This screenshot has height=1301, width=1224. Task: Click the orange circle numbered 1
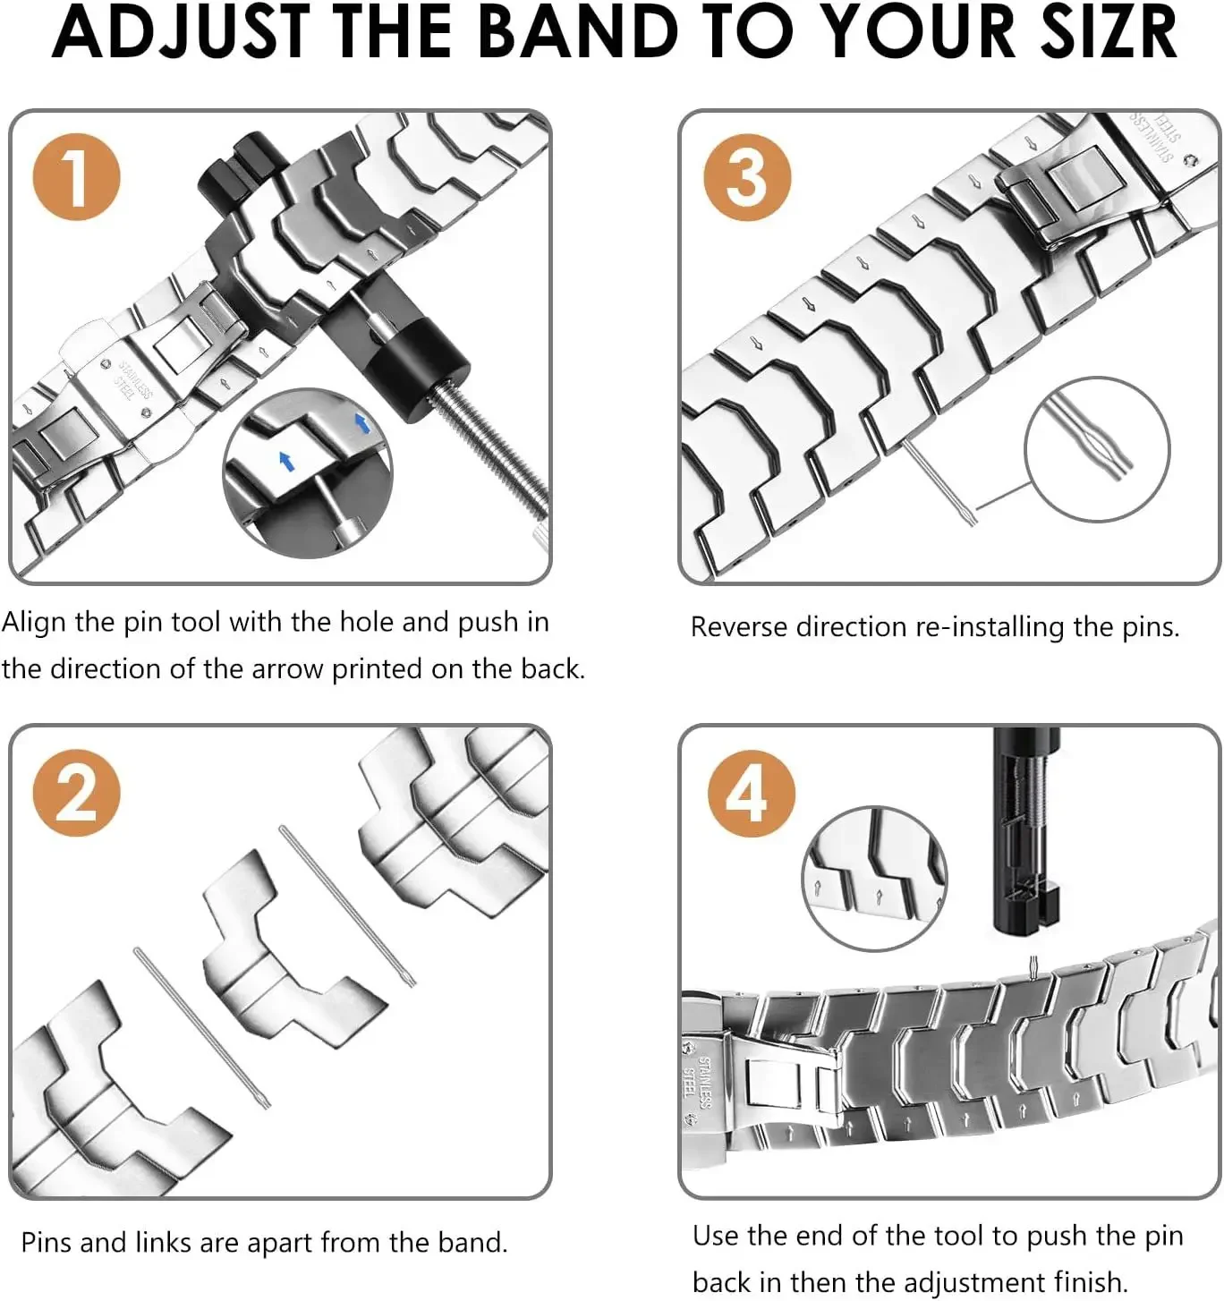click(76, 176)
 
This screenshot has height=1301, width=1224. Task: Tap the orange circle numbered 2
click(76, 793)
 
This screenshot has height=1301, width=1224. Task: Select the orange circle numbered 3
click(747, 176)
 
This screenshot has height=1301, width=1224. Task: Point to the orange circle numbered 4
click(751, 793)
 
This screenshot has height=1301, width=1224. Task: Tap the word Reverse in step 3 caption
click(739, 626)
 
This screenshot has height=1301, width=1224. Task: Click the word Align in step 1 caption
click(34, 622)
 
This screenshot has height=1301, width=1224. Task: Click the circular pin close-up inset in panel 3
click(1097, 449)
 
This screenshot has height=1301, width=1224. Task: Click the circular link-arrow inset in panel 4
click(873, 878)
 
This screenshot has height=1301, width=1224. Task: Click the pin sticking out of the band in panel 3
click(939, 483)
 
